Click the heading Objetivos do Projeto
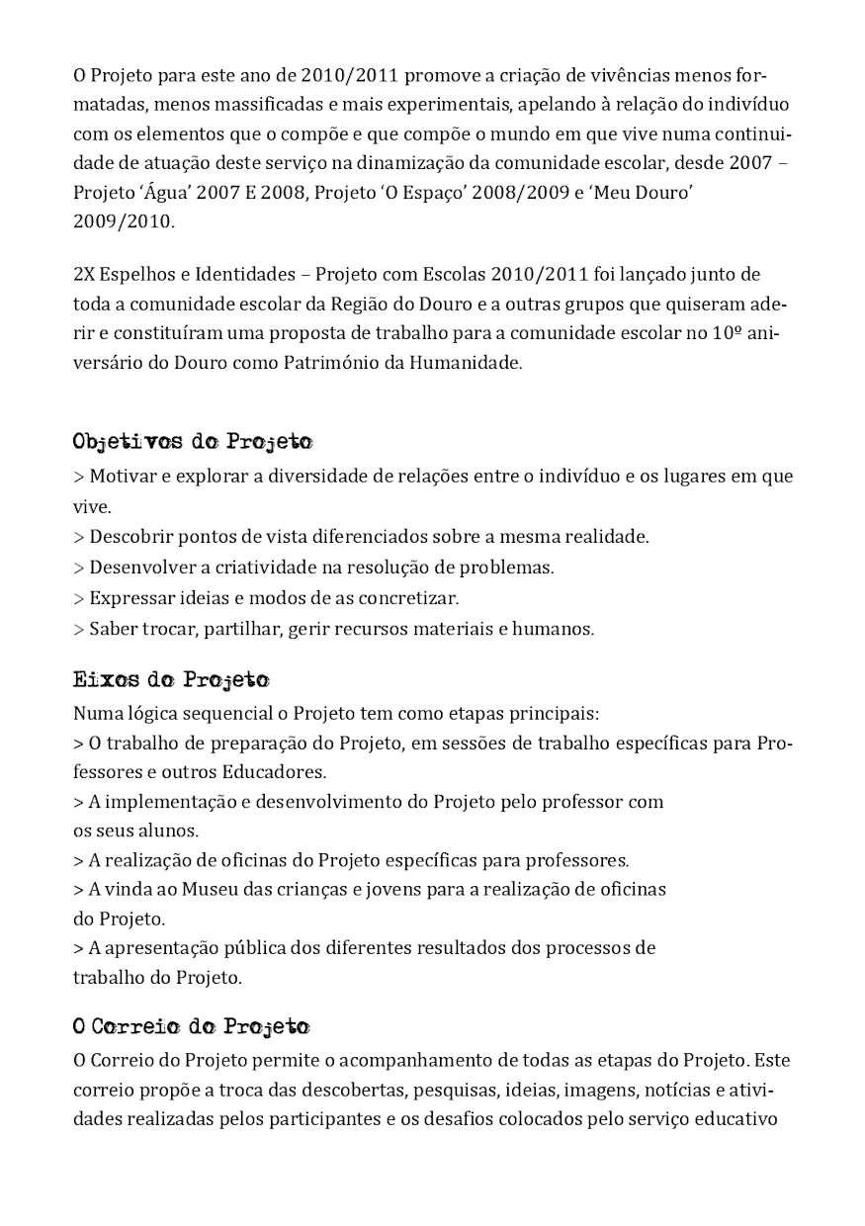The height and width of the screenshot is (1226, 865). click(x=193, y=441)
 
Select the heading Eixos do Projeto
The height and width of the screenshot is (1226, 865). click(x=171, y=680)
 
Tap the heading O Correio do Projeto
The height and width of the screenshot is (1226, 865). click(x=191, y=1026)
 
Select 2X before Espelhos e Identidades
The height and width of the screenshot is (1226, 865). click(x=84, y=274)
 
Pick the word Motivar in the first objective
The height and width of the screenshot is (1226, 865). click(x=121, y=477)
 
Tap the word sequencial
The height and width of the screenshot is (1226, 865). click(x=212, y=713)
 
